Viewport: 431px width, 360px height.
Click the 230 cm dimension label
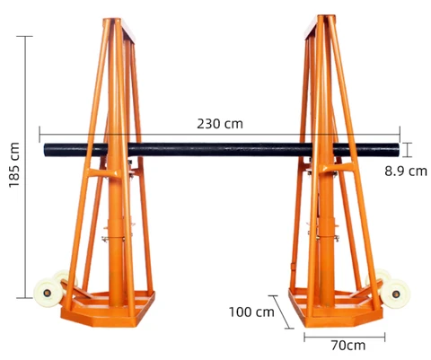pos(220,124)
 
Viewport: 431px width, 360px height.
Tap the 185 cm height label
pos(14,165)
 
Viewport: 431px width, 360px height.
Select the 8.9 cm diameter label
pos(406,171)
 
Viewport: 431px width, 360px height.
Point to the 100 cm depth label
pos(251,312)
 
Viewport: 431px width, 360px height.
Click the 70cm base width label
pos(348,346)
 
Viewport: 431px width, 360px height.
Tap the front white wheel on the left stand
pos(47,293)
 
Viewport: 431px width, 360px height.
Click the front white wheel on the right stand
pos(395,294)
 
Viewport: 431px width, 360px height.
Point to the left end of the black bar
pos(45,150)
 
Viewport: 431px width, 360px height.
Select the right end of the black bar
pos(398,150)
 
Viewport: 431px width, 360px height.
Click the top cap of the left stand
pos(119,28)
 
